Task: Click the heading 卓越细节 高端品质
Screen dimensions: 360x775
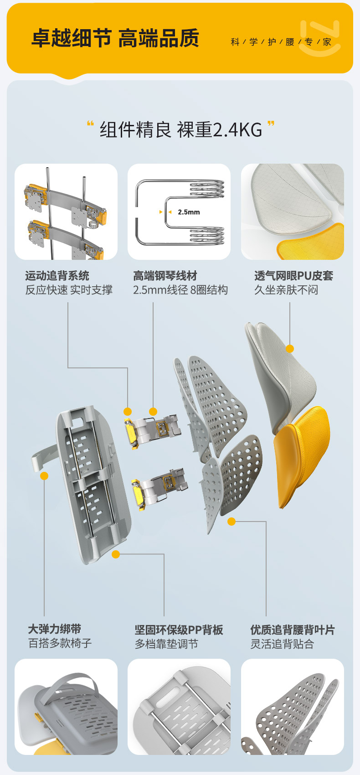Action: pyautogui.click(x=115, y=38)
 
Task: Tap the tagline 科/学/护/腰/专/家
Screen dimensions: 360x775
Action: pyautogui.click(x=281, y=42)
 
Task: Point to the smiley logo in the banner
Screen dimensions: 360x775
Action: pyautogui.click(x=320, y=39)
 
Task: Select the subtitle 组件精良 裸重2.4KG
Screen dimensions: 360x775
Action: pyautogui.click(x=181, y=130)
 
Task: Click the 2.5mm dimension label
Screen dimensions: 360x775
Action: pyautogui.click(x=189, y=212)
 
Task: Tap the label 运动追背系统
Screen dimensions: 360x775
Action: pyautogui.click(x=57, y=276)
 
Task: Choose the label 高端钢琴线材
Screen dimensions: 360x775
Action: pyautogui.click(x=165, y=276)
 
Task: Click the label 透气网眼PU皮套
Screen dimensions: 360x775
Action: pyautogui.click(x=293, y=276)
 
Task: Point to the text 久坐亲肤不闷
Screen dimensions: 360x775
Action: pyautogui.click(x=286, y=290)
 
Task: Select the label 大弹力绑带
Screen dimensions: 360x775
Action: pyautogui.click(x=55, y=629)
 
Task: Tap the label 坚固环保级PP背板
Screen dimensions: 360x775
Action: pyautogui.click(x=179, y=630)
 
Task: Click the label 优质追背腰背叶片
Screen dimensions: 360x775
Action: pyautogui.click(x=293, y=630)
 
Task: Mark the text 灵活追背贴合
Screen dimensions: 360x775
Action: pyautogui.click(x=282, y=644)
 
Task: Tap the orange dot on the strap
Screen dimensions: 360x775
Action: pyautogui.click(x=44, y=476)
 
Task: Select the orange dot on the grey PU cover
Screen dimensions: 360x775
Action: pyautogui.click(x=290, y=349)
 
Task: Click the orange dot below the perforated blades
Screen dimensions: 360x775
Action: pyautogui.click(x=231, y=522)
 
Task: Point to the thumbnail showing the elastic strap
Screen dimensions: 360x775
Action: pyautogui.click(x=66, y=707)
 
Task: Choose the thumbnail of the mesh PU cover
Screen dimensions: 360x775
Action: pyautogui.click(x=293, y=212)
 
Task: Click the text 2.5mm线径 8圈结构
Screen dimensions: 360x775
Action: pyautogui.click(x=180, y=290)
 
